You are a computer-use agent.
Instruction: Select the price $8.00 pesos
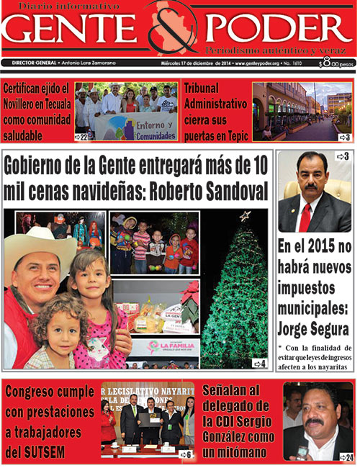coord(336,63)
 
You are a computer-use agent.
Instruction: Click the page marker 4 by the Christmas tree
coord(260,364)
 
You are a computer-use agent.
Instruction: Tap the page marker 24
coord(346,457)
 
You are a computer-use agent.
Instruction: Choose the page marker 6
coord(185,454)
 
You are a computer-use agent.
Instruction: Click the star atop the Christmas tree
coord(245,215)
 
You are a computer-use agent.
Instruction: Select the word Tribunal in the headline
coord(207,89)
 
